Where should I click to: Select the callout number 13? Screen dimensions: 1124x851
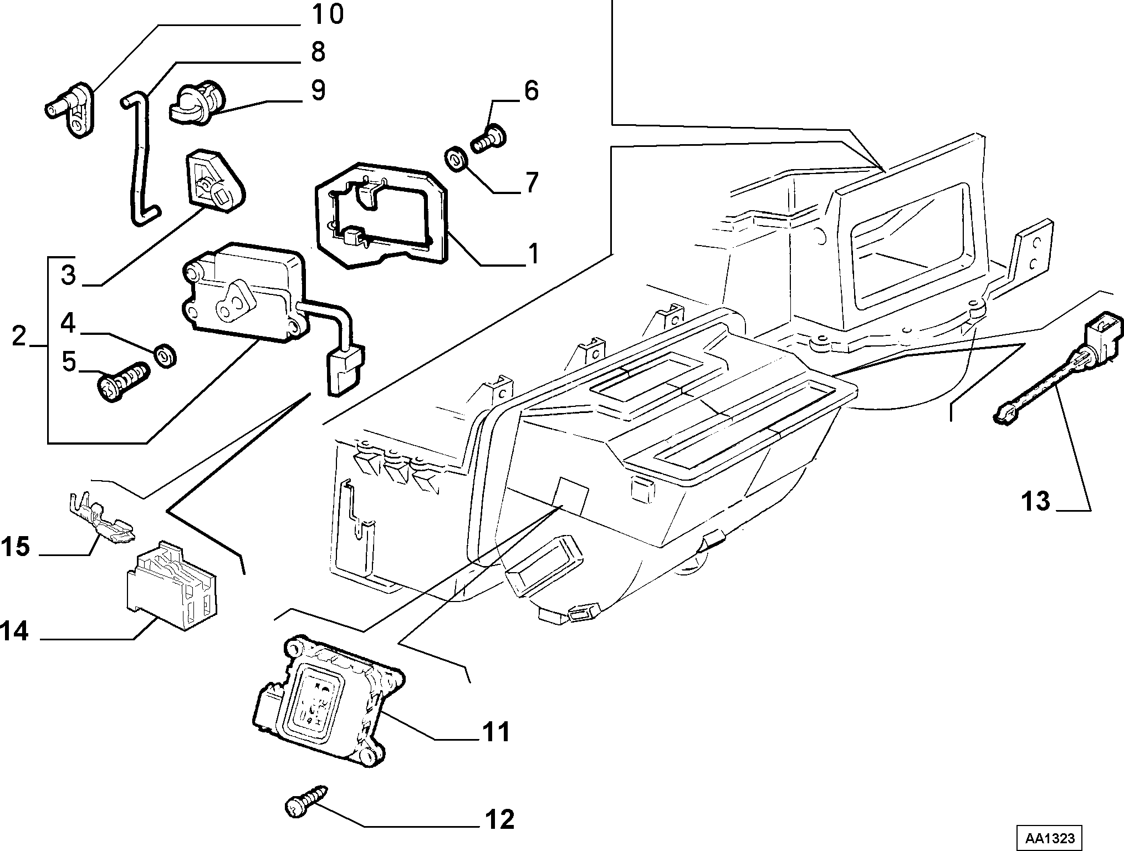(x=1036, y=501)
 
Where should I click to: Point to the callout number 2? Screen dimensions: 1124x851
(x=19, y=336)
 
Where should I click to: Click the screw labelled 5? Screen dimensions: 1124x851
(x=124, y=381)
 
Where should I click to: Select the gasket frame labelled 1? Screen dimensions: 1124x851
(x=382, y=216)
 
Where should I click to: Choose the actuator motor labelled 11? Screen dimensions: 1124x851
(x=330, y=701)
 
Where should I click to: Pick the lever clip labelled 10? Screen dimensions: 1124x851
(x=70, y=108)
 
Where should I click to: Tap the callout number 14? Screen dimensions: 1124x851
(x=15, y=631)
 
